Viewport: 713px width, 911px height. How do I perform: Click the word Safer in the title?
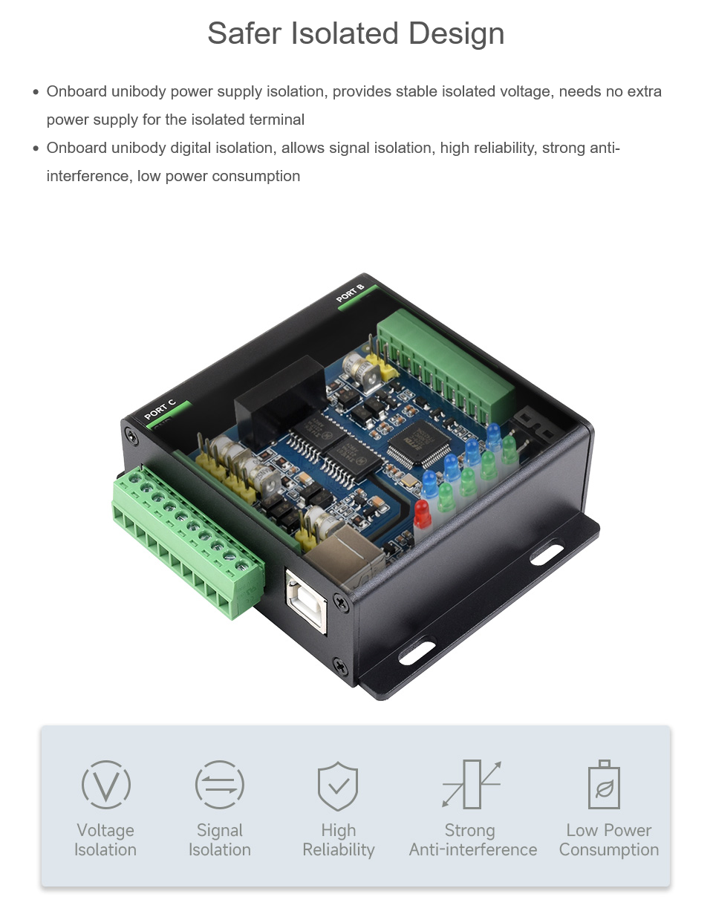pyautogui.click(x=244, y=33)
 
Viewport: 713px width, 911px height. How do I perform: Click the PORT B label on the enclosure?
pyautogui.click(x=350, y=293)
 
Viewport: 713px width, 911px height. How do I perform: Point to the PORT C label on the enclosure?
pyautogui.click(x=160, y=409)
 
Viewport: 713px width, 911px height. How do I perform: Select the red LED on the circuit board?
pyautogui.click(x=423, y=514)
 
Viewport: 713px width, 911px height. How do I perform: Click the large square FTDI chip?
pyautogui.click(x=419, y=445)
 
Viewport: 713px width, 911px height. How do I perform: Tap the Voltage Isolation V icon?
pyautogui.click(x=106, y=784)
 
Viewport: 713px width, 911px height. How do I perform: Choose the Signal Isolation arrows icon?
pyautogui.click(x=220, y=784)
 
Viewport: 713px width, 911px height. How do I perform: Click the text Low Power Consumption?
pyautogui.click(x=608, y=840)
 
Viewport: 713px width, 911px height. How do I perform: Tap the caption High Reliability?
pyautogui.click(x=339, y=840)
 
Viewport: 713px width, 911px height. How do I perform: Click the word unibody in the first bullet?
pyautogui.click(x=139, y=91)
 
